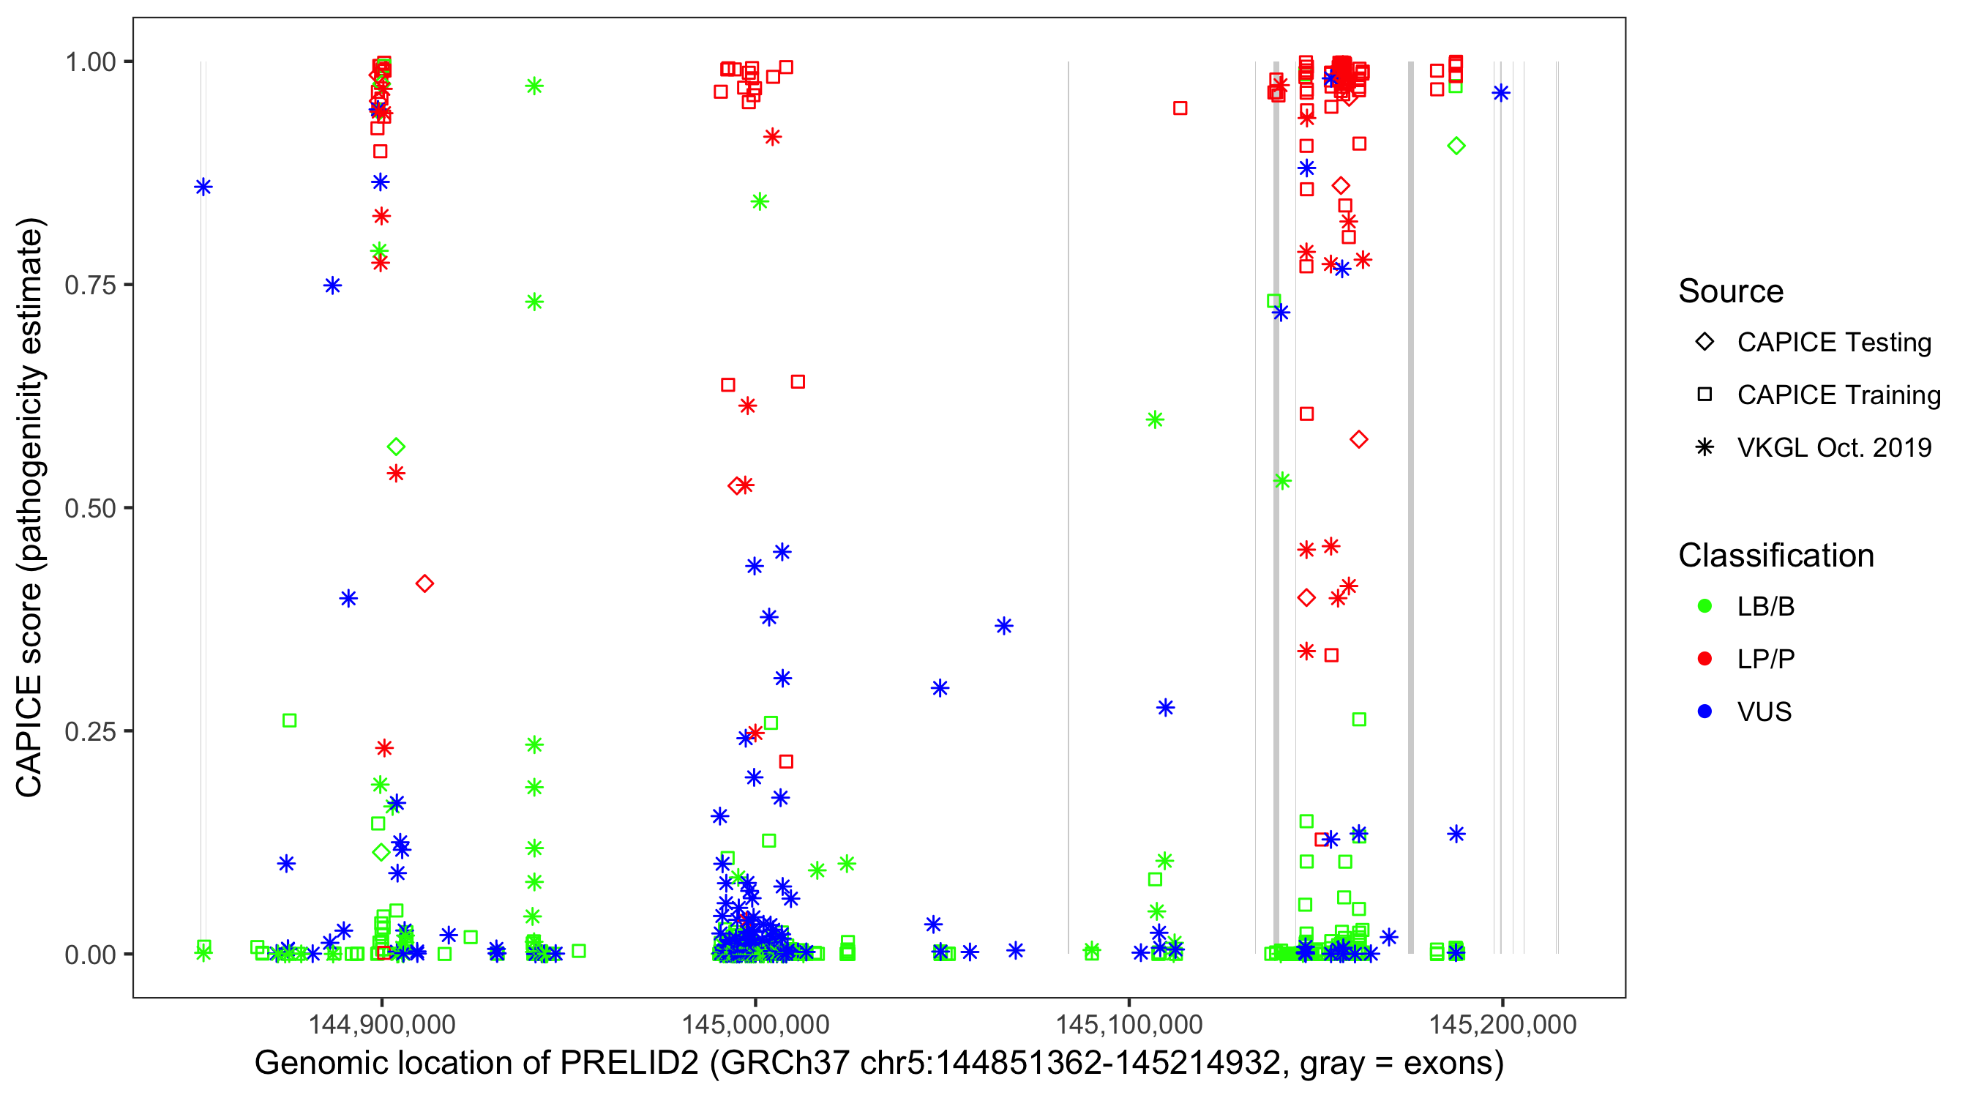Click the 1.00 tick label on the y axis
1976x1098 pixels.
tap(90, 61)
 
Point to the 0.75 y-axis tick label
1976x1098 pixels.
tap(90, 285)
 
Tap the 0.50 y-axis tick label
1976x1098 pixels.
tap(90, 508)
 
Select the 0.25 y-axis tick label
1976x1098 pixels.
tap(90, 731)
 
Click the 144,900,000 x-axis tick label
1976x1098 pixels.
tap(381, 1023)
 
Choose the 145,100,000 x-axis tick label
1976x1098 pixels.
tap(1129, 1023)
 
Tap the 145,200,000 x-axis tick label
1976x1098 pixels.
tap(1502, 1023)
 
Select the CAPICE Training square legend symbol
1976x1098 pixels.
tap(1704, 395)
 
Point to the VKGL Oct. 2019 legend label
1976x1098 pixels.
tap(1834, 447)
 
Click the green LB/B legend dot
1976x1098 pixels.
tap(1704, 606)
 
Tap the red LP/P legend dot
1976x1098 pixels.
tap(1704, 659)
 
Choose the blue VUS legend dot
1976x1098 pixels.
tap(1704, 712)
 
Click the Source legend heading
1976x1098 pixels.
tap(1731, 291)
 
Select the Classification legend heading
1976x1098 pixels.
tap(1775, 555)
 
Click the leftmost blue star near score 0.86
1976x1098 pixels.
tap(203, 187)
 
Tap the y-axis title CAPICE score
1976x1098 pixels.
tap(29, 690)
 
